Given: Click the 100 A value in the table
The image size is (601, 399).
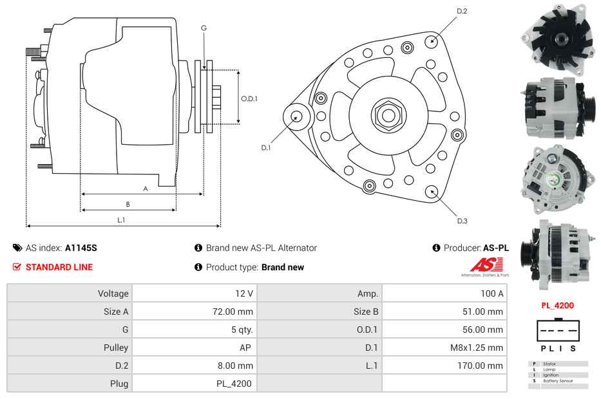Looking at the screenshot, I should coord(492,293).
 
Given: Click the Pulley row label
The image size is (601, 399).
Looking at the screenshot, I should coord(117,348).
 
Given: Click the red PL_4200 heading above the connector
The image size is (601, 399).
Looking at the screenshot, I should coord(557,306).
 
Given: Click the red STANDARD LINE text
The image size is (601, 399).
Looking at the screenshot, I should coord(59,267).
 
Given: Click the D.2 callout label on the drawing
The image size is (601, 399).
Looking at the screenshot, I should coord(462,12).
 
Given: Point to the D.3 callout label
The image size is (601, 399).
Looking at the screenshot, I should coord(462,221).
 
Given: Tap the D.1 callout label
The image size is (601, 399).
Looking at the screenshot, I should coord(265,147).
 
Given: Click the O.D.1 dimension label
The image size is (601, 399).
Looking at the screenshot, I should coord(249,98).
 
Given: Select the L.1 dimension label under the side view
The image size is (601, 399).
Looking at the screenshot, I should coord(120,220).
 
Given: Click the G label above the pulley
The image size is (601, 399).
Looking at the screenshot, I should coord(204,28).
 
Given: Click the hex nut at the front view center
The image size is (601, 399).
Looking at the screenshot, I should coord(388,115).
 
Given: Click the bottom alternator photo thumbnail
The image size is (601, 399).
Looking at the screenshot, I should coord(557,251).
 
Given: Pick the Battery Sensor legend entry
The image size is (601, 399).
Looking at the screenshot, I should coord(558,381).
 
